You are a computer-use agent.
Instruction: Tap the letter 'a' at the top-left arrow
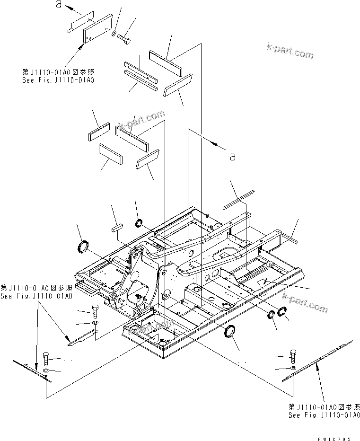point(58,5)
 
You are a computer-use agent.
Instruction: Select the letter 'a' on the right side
point(232,156)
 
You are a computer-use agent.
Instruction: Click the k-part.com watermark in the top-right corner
point(290,51)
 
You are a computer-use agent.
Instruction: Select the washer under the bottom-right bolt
point(293,368)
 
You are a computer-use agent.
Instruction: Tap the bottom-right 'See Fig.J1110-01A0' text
point(324,415)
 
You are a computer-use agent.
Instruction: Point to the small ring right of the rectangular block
point(140,223)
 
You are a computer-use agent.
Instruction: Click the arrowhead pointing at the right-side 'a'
point(217,141)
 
